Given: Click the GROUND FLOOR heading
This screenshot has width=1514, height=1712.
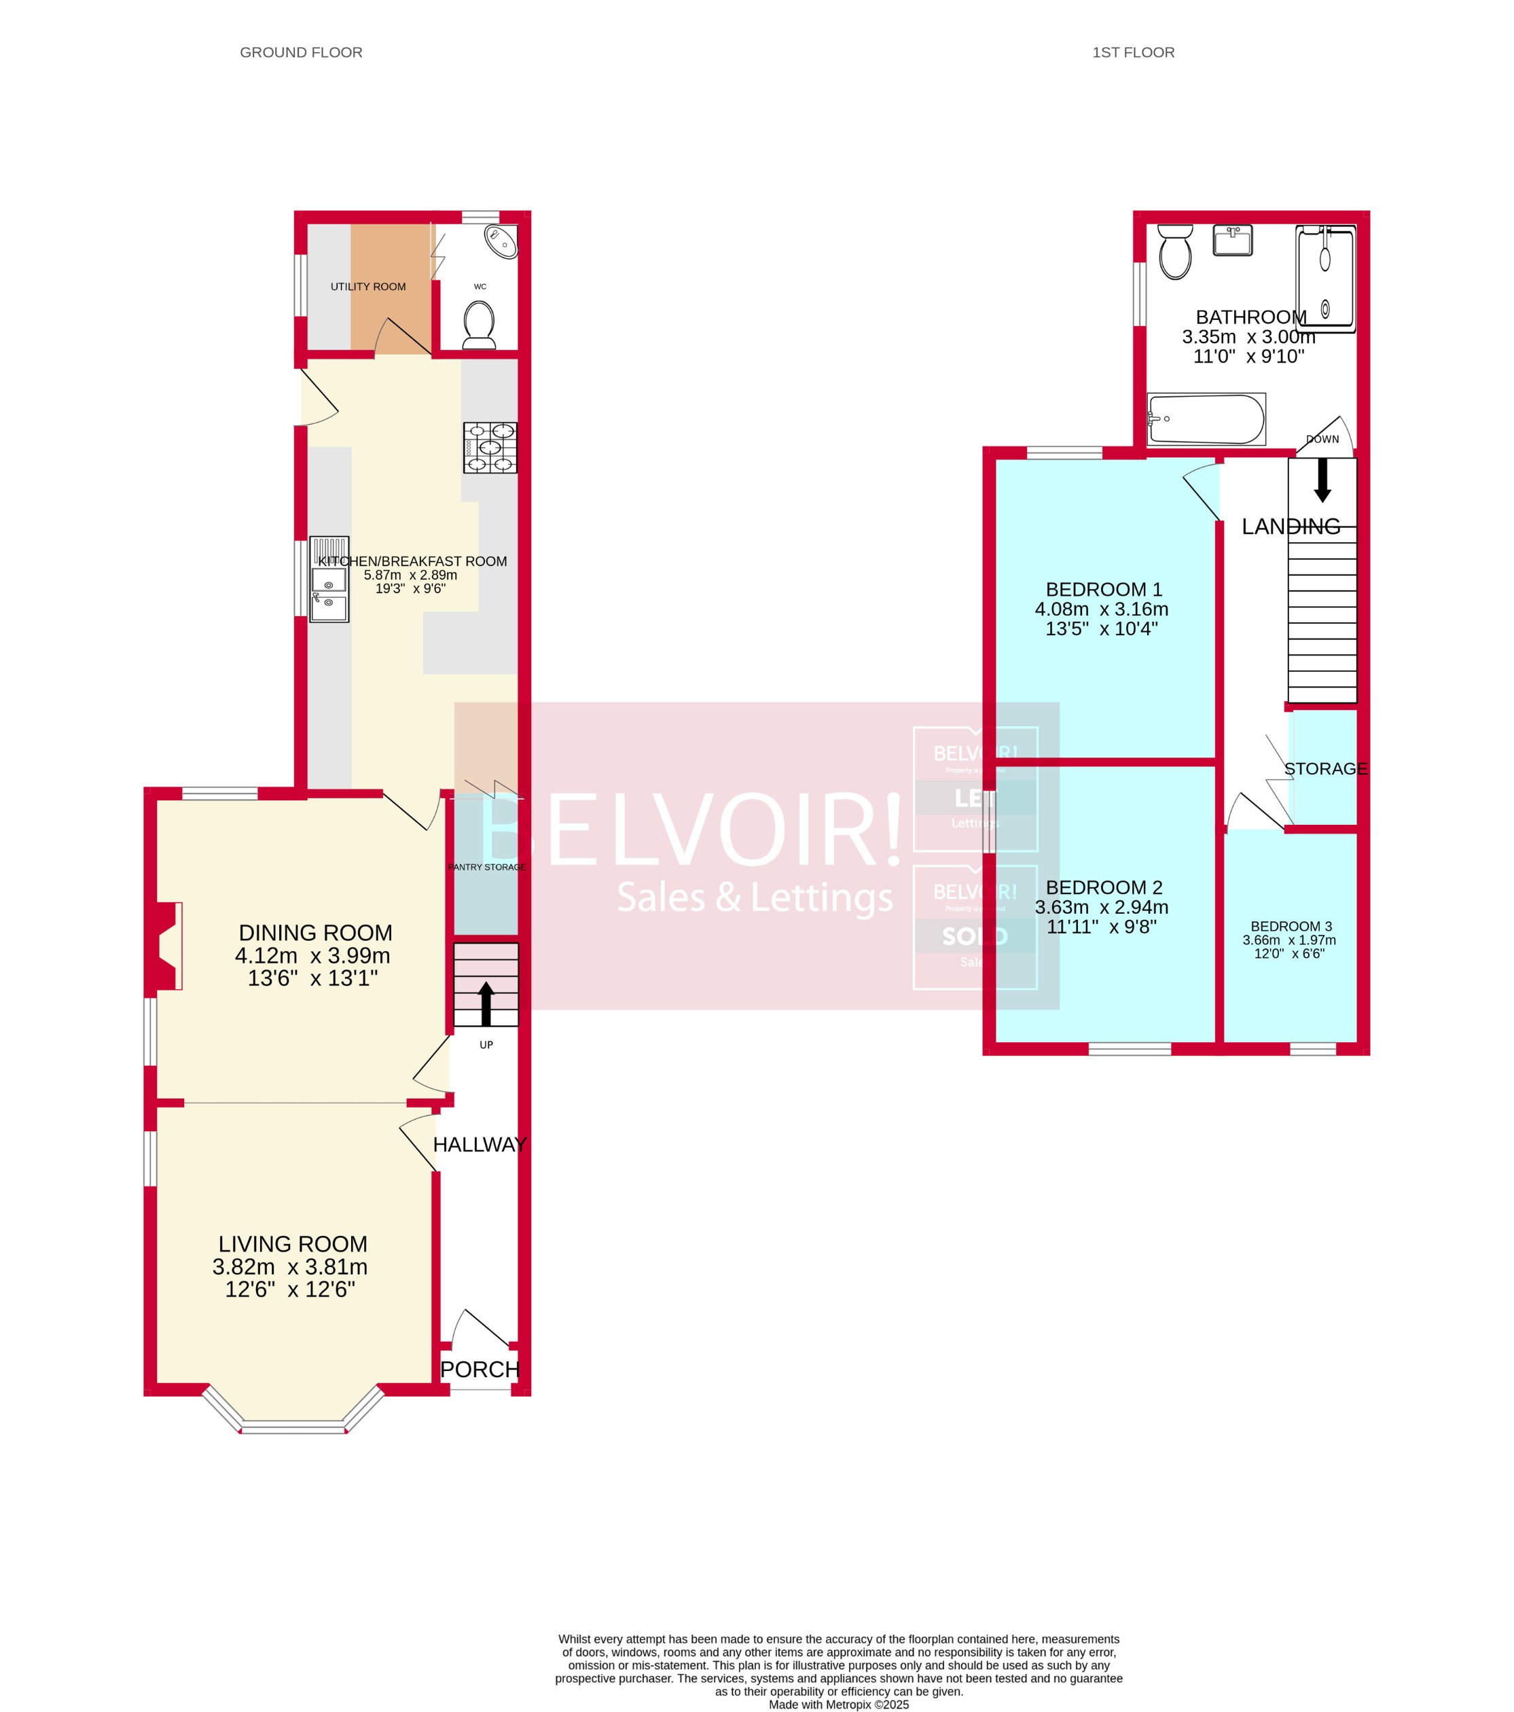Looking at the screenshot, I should pyautogui.click(x=301, y=52).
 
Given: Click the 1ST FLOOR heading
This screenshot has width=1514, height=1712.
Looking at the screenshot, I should pyautogui.click(x=1132, y=52).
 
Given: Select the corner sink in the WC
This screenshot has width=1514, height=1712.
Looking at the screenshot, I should pyautogui.click(x=501, y=242).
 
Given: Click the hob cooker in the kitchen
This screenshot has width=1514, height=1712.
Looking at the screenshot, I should pyautogui.click(x=490, y=447).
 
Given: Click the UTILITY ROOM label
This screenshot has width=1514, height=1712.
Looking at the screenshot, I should pyautogui.click(x=367, y=287).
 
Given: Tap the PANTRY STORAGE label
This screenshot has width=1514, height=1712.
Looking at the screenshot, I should pyautogui.click(x=486, y=867).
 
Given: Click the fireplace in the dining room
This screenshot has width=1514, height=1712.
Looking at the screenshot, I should pyautogui.click(x=166, y=946).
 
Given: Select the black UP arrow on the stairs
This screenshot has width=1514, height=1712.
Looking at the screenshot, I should pyautogui.click(x=486, y=1003).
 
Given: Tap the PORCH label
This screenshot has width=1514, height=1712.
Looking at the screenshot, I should pyautogui.click(x=480, y=1370).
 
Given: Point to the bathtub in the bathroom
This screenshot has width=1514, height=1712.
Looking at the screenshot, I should pyautogui.click(x=1206, y=418).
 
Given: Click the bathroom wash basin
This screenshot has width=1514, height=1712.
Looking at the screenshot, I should pyautogui.click(x=1232, y=240).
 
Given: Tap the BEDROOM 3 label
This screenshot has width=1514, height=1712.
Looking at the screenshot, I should pyautogui.click(x=1291, y=927).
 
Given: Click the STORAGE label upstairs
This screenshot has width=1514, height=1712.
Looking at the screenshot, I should pyautogui.click(x=1324, y=769).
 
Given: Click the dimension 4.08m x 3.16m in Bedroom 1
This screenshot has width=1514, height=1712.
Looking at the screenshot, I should pyautogui.click(x=1100, y=609).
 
